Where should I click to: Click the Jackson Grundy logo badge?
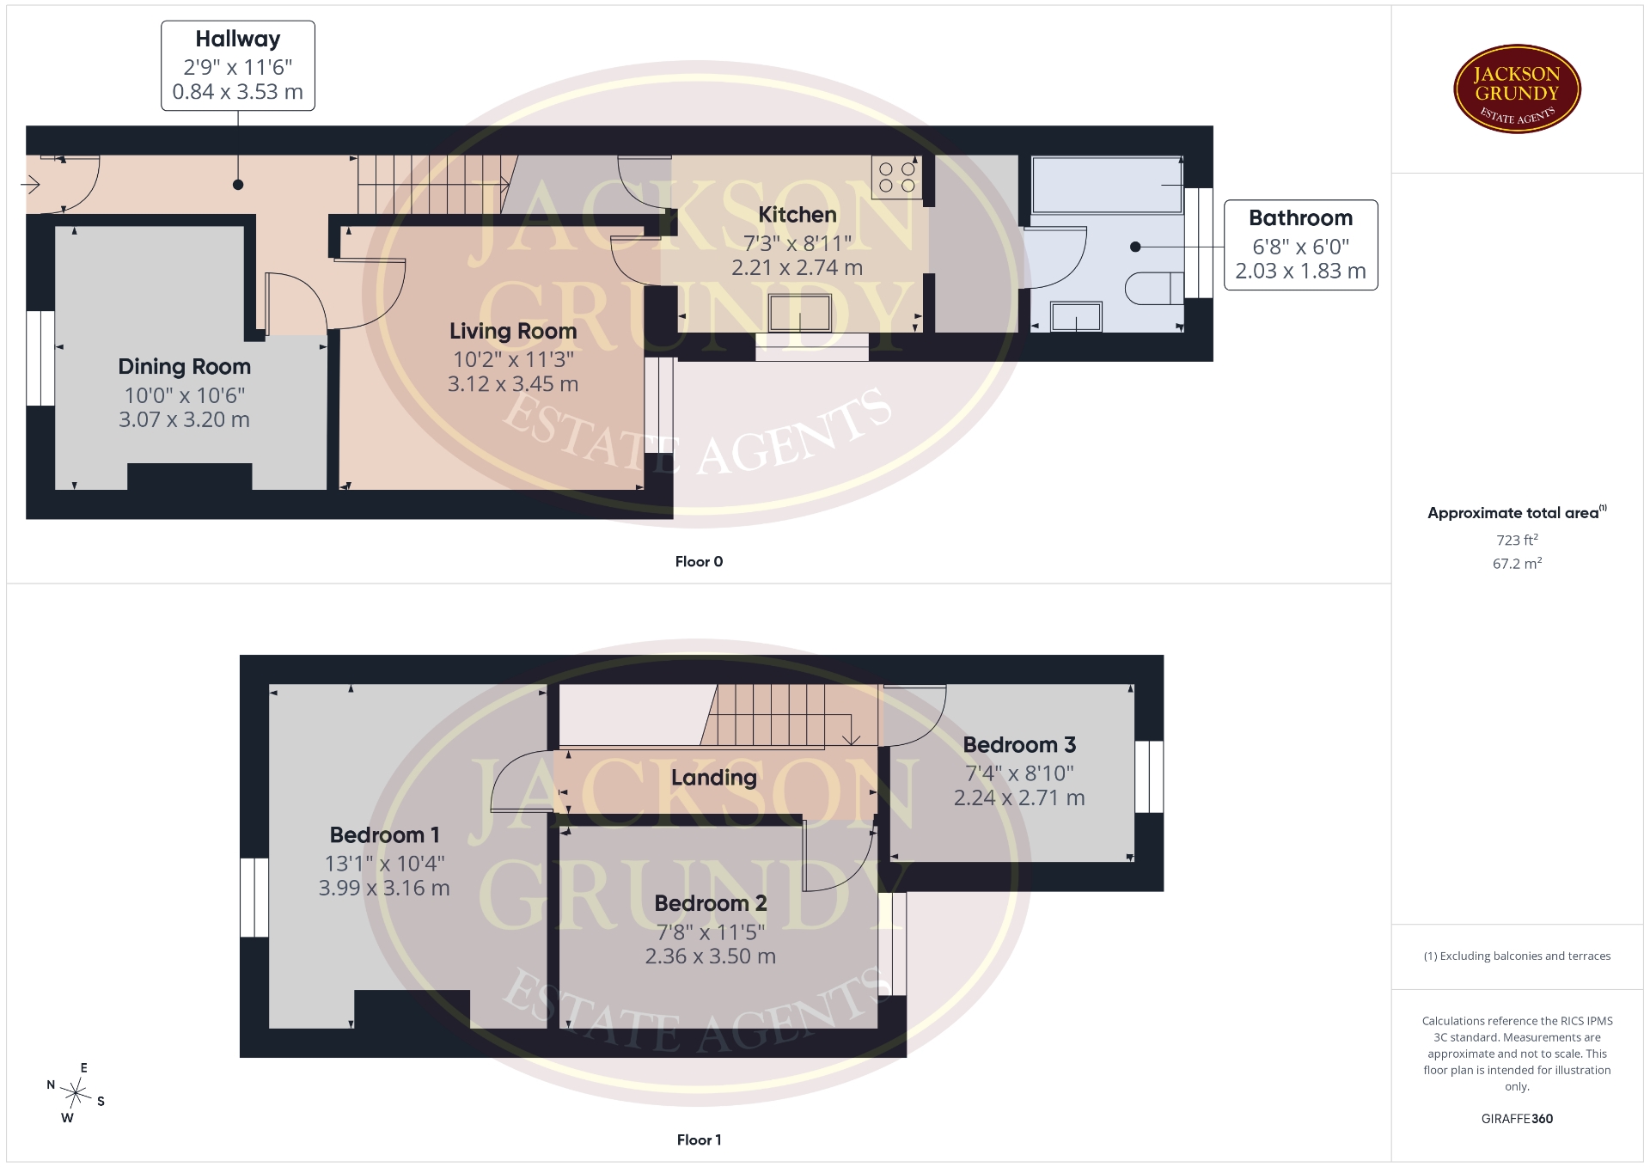point(1517,89)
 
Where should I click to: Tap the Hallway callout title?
point(238,40)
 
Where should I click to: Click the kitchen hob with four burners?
point(896,177)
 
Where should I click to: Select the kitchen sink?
point(800,313)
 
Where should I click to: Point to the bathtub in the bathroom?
point(1107,185)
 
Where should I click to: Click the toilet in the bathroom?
point(1155,289)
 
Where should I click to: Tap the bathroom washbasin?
point(1076,317)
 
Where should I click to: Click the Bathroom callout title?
point(1300,218)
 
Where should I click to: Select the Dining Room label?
point(185,367)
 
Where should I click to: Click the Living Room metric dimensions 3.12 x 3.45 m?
point(513,384)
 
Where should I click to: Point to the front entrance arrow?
point(31,184)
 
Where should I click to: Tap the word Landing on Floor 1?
point(714,778)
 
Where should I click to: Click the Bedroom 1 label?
point(384,834)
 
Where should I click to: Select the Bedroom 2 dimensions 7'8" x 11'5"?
point(711,932)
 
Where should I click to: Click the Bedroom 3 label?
point(1019,745)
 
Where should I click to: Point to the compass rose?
point(76,1094)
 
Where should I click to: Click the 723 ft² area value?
point(1517,540)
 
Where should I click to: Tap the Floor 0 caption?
point(699,562)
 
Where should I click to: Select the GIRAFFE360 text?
point(1517,1119)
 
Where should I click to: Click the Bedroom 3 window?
point(1149,777)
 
